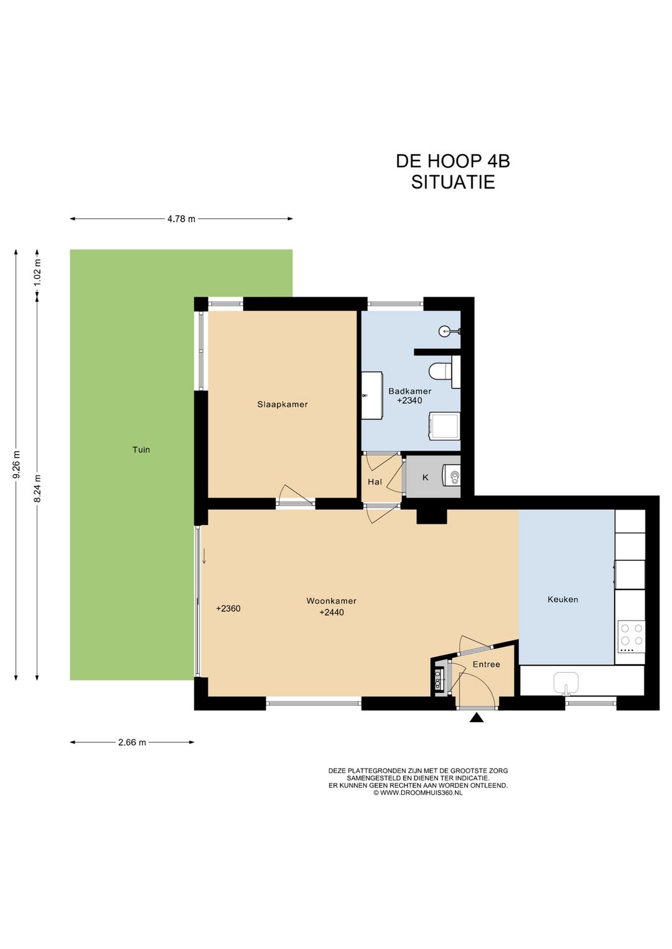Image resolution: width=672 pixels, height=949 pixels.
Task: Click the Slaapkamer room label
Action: [282, 404]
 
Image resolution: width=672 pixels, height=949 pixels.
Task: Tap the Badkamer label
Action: [409, 391]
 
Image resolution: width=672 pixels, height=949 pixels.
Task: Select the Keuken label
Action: [562, 599]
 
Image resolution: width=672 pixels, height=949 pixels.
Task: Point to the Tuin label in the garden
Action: [141, 450]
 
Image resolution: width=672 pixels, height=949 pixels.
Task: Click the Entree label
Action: [487, 664]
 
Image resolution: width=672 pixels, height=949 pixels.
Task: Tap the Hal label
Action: [375, 482]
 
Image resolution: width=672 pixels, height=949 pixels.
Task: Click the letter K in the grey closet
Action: [425, 478]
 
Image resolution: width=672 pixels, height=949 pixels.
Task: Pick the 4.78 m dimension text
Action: [182, 219]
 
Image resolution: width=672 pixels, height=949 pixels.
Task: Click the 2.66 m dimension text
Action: [133, 743]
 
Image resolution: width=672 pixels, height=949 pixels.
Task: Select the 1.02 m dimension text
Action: [38, 272]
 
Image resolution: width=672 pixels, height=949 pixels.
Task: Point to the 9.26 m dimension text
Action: [17, 465]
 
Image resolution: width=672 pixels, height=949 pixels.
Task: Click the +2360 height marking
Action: [228, 608]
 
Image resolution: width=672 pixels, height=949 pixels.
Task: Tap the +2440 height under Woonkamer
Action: [332, 612]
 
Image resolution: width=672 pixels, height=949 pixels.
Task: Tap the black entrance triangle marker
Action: [477, 717]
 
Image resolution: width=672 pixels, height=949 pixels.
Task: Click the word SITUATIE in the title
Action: [453, 182]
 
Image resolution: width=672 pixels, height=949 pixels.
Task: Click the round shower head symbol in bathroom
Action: [444, 331]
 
